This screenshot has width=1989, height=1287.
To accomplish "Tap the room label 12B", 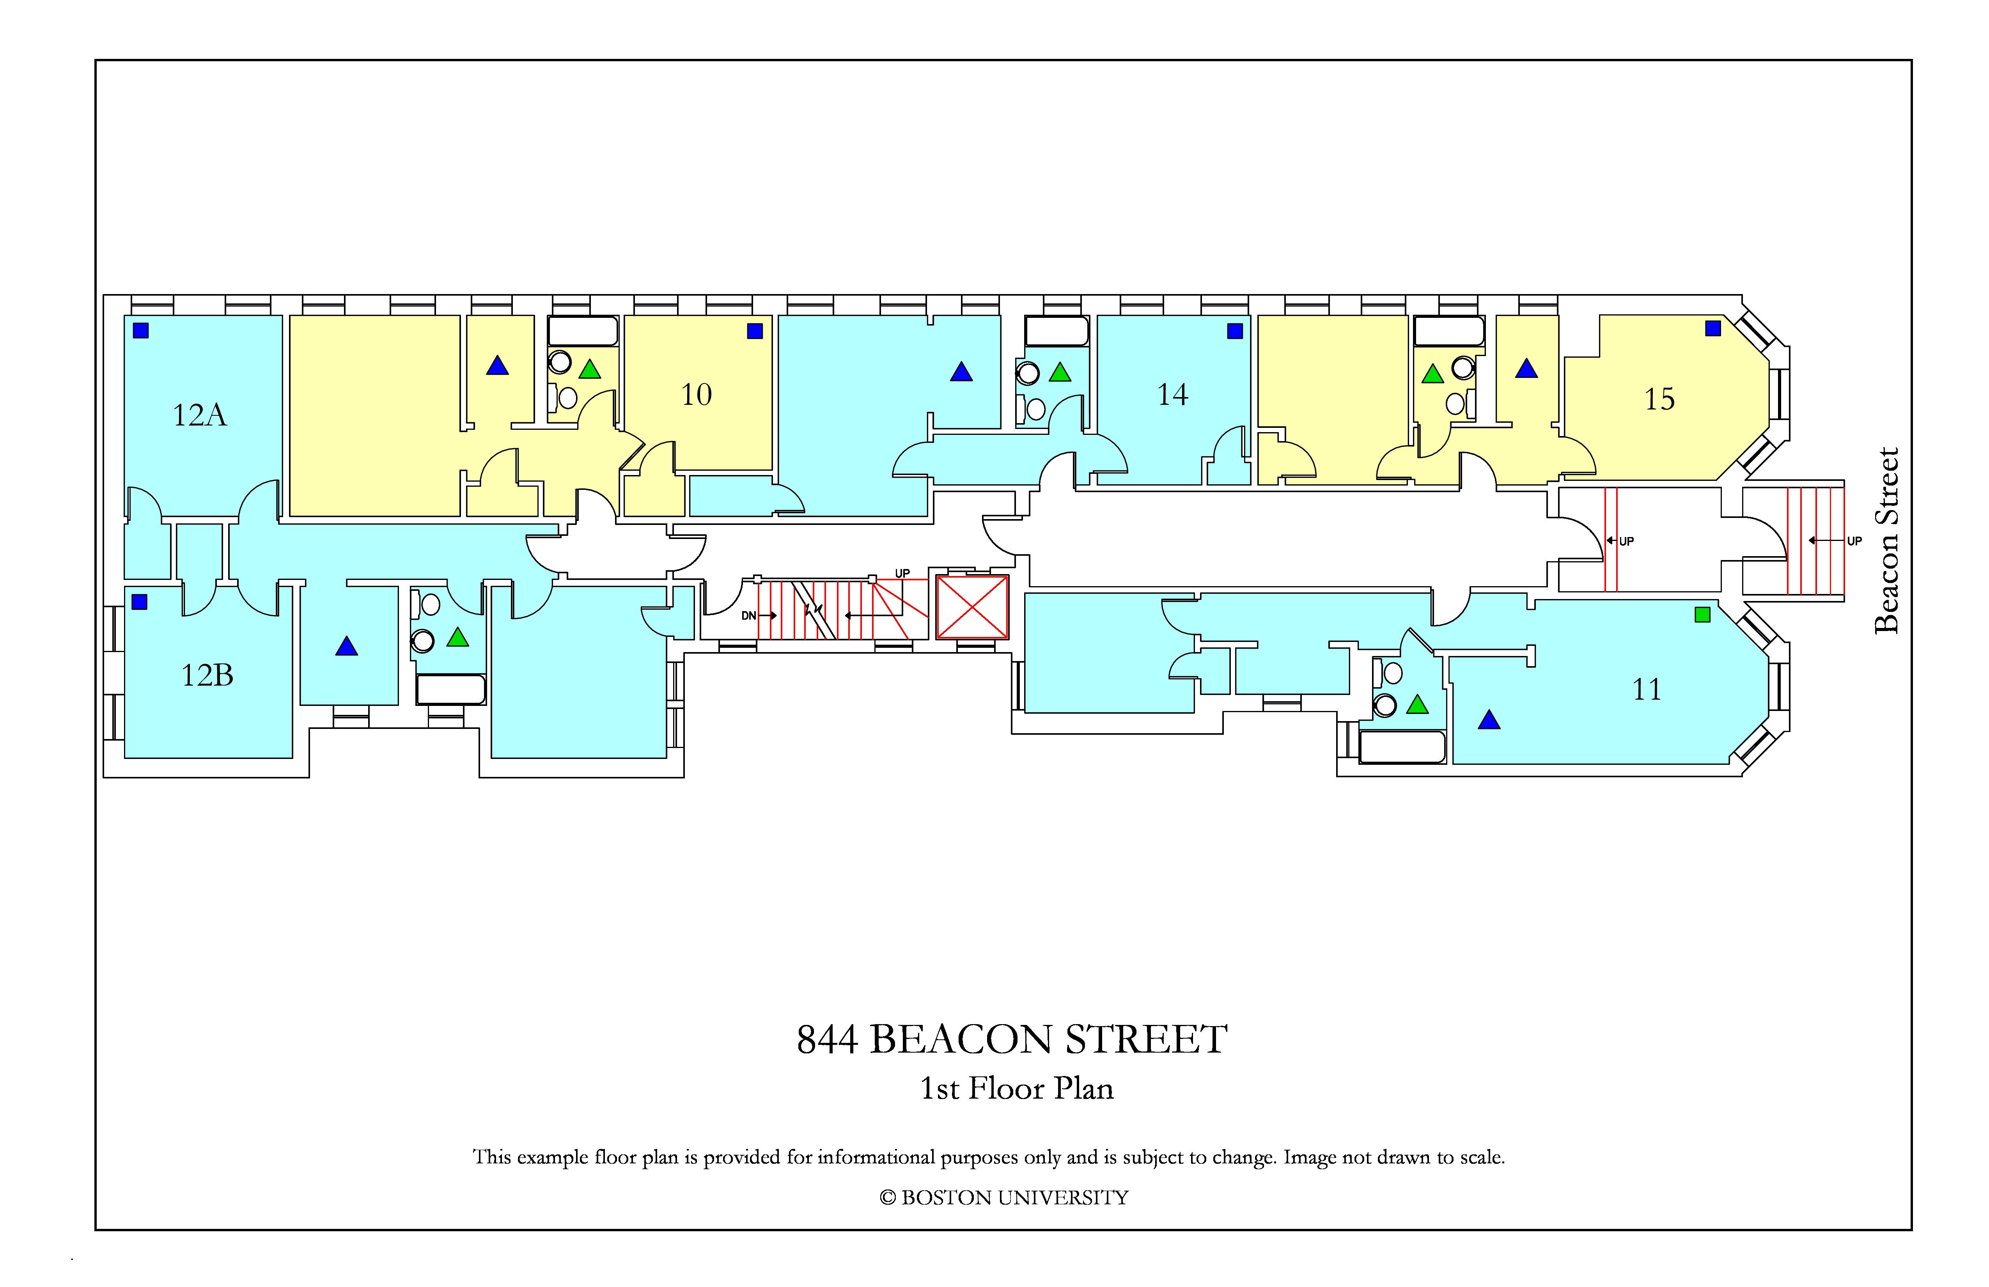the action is coord(207,675).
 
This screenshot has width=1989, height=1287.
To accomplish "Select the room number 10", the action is coord(696,394).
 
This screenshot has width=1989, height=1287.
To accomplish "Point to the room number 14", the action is coord(1172,394).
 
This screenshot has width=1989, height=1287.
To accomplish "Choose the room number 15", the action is coord(1660,399).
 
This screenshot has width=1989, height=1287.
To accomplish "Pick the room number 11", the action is coord(1646,690).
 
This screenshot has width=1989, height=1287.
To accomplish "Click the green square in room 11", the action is coord(1702,615).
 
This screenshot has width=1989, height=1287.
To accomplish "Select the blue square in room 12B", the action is coord(140,602).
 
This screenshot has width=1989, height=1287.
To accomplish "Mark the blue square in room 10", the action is coord(755,331).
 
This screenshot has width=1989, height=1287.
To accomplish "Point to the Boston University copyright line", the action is coord(1004,1198).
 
